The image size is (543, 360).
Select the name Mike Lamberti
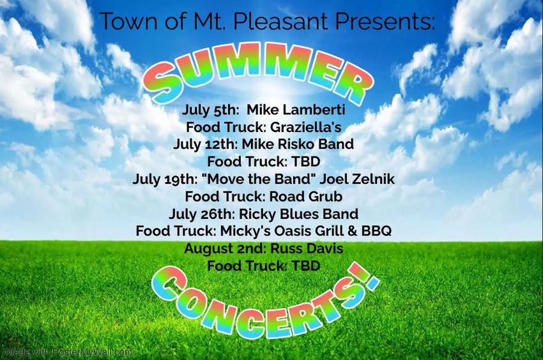coord(296,110)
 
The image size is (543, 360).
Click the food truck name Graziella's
coord(306,127)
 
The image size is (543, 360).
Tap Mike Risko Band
coord(298,144)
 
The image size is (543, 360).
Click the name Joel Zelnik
coord(357,179)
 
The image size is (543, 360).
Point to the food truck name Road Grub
coord(306,196)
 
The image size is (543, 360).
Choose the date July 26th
coord(203,214)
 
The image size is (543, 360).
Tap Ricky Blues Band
coord(299,214)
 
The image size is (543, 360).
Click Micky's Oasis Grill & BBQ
coord(306,231)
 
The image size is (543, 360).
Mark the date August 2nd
coord(225,248)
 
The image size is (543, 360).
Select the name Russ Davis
coord(307,248)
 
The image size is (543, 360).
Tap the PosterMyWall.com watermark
coord(69,352)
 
